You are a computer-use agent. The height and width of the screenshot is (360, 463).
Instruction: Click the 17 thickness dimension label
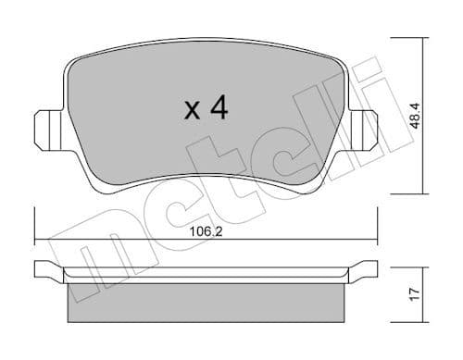click(414, 294)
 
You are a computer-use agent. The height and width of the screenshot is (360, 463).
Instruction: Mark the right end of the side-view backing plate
click(371, 270)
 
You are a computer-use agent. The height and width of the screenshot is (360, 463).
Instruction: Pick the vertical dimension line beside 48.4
click(427, 116)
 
